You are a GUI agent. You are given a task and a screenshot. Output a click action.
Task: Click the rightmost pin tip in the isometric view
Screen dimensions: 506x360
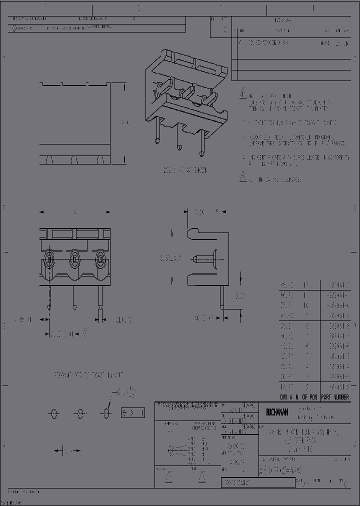(202, 153)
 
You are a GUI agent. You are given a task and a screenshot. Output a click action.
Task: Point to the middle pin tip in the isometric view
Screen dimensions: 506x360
(179, 148)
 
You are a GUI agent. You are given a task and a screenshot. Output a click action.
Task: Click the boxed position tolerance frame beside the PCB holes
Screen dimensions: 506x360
(133, 413)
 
